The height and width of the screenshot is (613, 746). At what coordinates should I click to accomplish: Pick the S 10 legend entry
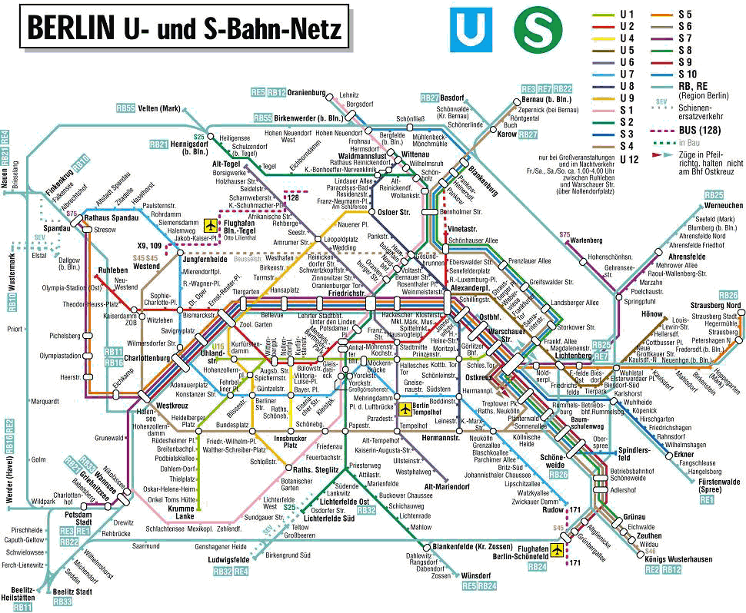click(x=684, y=74)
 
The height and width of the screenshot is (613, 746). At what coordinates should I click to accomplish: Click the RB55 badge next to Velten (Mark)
click(x=126, y=108)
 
